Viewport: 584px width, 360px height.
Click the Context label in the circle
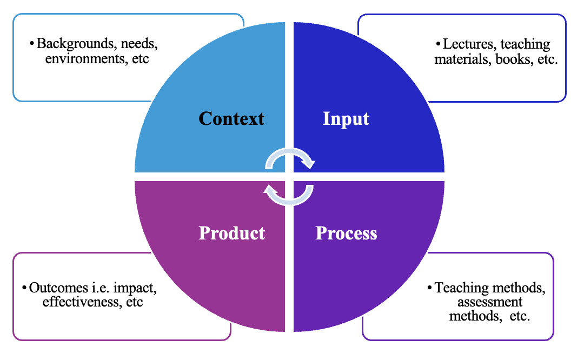(231, 118)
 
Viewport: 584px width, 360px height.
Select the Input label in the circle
(346, 118)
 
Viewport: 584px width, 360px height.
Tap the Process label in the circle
(346, 233)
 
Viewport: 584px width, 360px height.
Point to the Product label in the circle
(232, 233)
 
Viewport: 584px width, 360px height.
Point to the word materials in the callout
(460, 59)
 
